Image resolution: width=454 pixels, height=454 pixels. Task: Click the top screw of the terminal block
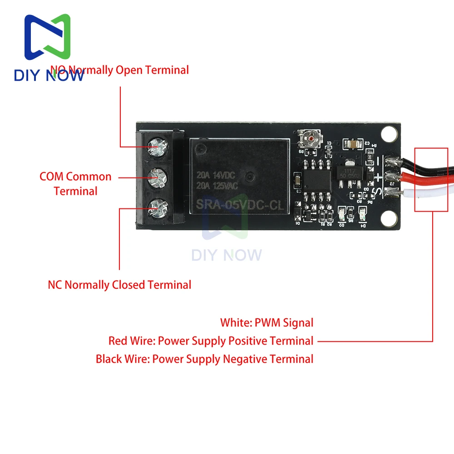pos(157,147)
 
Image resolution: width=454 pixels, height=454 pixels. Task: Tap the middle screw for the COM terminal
pos(157,175)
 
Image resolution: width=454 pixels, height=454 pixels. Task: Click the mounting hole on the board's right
pos(389,134)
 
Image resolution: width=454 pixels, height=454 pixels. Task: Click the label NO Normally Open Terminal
pos(119,70)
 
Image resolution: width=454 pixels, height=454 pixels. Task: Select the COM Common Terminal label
pos(75,183)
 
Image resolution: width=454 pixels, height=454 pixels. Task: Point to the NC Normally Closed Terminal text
pos(119,285)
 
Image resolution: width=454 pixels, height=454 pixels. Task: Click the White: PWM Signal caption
pos(266,323)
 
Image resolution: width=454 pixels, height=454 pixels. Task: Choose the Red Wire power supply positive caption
pos(211,341)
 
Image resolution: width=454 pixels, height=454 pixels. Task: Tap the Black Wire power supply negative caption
pos(204,359)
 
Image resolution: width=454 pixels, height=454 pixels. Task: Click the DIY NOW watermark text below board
pos(227,255)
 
